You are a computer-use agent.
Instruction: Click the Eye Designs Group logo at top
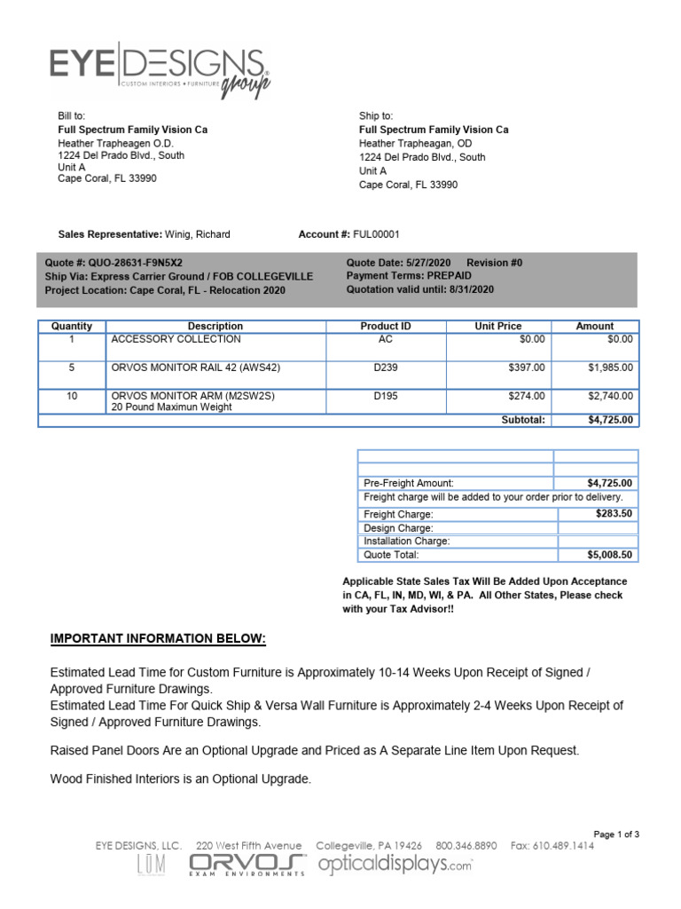160,71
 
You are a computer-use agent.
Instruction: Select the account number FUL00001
376,234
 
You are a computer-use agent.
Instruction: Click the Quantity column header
72,326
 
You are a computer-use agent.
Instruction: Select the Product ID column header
386,326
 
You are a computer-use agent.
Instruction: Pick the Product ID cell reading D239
386,367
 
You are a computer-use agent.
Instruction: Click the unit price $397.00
527,367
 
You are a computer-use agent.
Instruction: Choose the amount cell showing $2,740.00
611,396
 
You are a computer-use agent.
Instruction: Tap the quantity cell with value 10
72,396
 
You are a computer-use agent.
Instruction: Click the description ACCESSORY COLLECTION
176,339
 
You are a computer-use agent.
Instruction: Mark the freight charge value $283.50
614,513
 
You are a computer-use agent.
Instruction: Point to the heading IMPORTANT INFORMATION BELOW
158,639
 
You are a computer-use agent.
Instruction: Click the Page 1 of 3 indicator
615,834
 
